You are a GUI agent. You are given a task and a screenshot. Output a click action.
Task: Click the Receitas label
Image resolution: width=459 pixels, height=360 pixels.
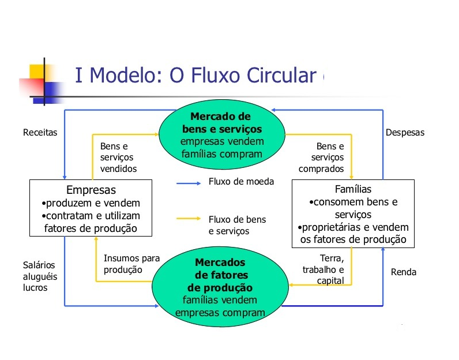(40, 132)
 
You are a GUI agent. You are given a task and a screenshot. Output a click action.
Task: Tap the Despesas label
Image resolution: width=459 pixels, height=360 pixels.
(404, 132)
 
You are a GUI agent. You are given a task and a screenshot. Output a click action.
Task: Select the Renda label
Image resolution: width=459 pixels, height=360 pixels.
(403, 272)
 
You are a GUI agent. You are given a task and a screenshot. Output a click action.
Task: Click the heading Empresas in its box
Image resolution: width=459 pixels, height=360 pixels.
(91, 190)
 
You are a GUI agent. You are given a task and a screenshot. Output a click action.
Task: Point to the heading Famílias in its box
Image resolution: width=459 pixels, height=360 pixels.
(353, 189)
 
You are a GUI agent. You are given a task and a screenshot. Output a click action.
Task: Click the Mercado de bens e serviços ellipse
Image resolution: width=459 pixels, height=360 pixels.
(222, 133)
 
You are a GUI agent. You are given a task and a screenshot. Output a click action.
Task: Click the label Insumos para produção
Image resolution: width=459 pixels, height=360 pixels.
(131, 264)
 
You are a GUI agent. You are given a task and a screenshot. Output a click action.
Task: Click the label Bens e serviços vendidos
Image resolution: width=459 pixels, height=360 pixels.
(118, 157)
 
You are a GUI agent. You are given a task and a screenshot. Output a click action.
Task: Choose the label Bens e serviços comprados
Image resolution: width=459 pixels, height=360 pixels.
(321, 157)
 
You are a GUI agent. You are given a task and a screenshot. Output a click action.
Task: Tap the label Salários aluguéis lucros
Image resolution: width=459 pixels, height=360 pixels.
(40, 276)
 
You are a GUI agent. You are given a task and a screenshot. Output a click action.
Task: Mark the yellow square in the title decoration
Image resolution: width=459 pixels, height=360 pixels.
(36, 71)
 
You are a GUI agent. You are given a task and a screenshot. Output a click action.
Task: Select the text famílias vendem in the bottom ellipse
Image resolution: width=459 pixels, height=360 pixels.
(220, 300)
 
